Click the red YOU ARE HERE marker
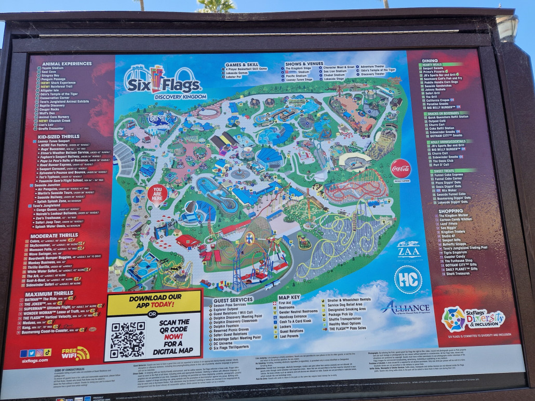157,193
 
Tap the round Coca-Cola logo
400,168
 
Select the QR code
128,340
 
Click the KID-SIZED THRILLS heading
59,136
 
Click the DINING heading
430,61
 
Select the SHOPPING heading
436,211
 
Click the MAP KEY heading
289,297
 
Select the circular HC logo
408,280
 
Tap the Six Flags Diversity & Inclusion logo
472,319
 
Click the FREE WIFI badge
75,354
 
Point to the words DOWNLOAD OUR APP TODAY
154,301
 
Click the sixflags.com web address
35,361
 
